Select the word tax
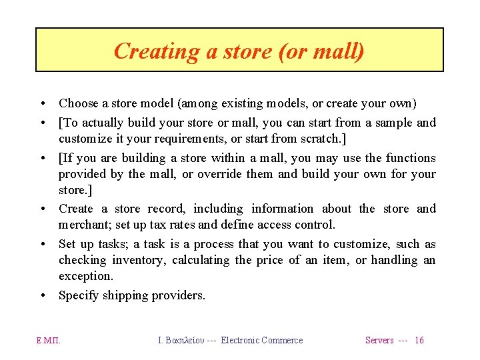click(x=165, y=225)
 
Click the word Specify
click(x=79, y=295)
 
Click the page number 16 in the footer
click(x=419, y=341)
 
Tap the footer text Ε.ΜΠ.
click(x=49, y=341)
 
